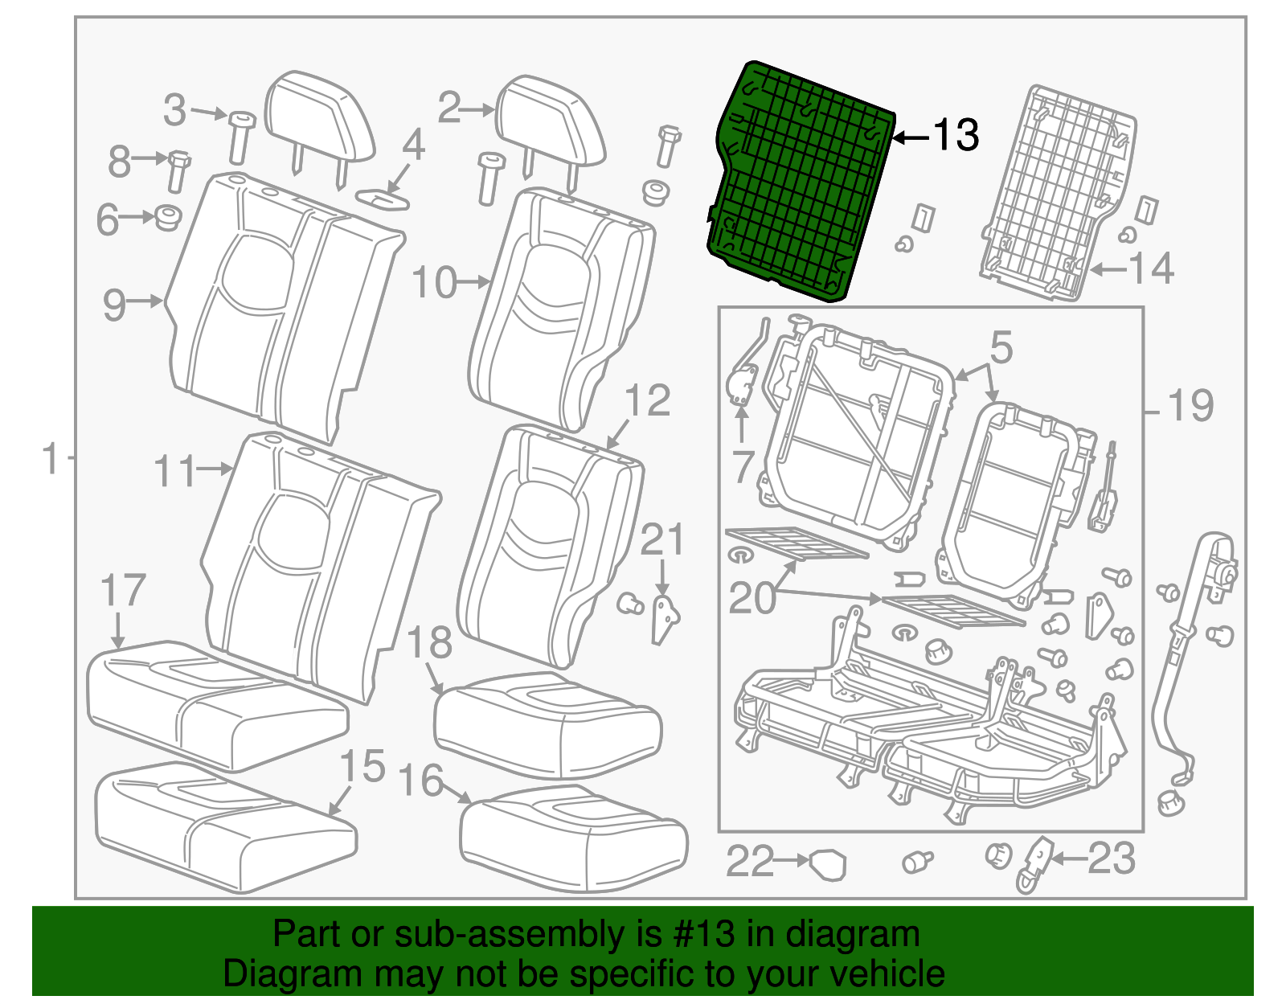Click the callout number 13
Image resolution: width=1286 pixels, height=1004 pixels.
click(956, 134)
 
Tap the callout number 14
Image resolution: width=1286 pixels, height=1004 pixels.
click(1152, 268)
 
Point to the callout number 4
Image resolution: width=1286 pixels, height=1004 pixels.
click(413, 145)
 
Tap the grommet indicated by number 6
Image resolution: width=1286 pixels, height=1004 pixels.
click(167, 217)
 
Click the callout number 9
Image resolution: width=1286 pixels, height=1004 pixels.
click(114, 305)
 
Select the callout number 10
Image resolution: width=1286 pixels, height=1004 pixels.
click(434, 283)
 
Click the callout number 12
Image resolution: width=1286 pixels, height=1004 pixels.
click(647, 400)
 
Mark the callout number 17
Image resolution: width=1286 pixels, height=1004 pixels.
click(123, 591)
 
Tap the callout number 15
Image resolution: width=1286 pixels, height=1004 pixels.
click(362, 766)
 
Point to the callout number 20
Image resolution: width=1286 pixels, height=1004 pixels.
click(752, 597)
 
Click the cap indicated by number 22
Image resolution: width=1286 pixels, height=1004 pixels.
click(828, 865)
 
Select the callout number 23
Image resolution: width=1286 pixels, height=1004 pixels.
click(1112, 859)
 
